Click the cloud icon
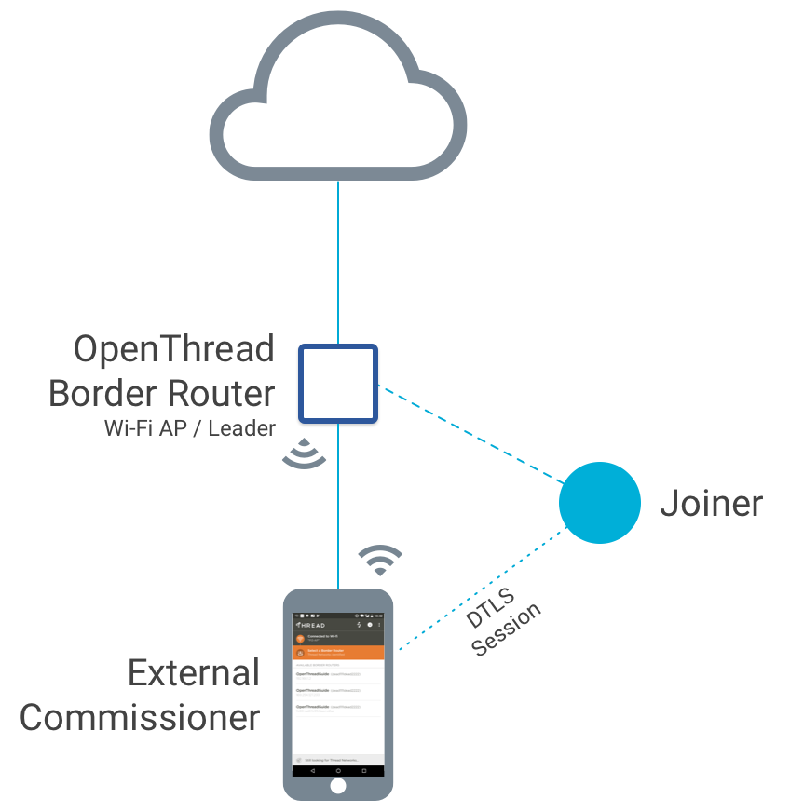pyautogui.click(x=337, y=102)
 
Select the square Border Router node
pyautogui.click(x=337, y=383)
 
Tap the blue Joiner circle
pyautogui.click(x=599, y=503)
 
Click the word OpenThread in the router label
pyautogui.click(x=174, y=349)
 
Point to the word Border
pyautogui.click(x=102, y=393)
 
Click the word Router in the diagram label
pyautogui.click(x=220, y=393)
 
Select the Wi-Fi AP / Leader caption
pyautogui.click(x=190, y=428)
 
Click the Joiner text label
pyautogui.click(x=711, y=504)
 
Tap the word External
pyautogui.click(x=194, y=673)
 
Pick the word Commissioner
pyautogui.click(x=140, y=718)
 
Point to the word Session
pyautogui.click(x=507, y=630)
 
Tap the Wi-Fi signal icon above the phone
pyautogui.click(x=380, y=559)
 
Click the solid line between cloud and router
pyautogui.click(x=337, y=261)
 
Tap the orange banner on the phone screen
pyautogui.click(x=338, y=652)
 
